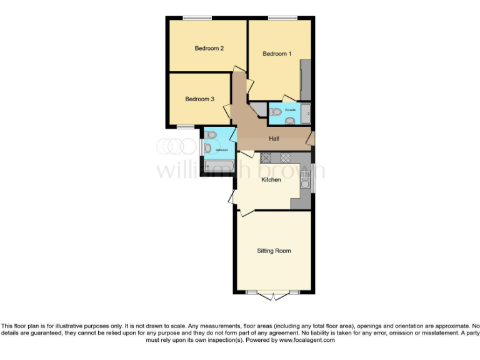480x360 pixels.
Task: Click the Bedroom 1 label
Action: click(x=276, y=54)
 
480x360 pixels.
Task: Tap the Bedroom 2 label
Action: click(x=209, y=48)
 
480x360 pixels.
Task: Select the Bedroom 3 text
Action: click(x=199, y=99)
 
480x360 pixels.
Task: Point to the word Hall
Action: click(x=274, y=139)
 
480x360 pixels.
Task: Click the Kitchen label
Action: click(x=271, y=180)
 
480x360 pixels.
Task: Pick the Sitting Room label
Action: click(x=274, y=251)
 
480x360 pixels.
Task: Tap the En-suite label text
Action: click(x=290, y=110)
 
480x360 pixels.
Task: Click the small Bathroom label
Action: click(x=222, y=150)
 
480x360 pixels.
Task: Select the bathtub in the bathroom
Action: click(x=219, y=167)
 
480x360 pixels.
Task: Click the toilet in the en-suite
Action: click(x=276, y=112)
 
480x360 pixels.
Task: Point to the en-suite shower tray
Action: click(x=306, y=113)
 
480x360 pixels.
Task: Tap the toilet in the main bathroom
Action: click(x=211, y=134)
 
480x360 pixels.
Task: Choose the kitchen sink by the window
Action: click(x=304, y=181)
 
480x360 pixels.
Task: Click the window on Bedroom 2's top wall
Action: click(x=196, y=18)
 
